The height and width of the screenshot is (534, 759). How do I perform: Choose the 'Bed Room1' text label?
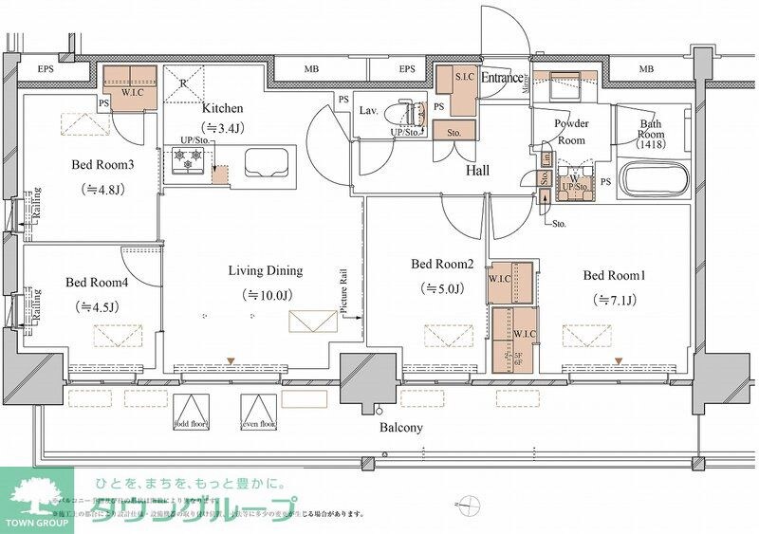coord(614,275)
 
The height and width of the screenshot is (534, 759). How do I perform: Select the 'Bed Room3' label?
coord(103,163)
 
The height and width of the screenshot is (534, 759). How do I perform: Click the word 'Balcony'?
coord(400,428)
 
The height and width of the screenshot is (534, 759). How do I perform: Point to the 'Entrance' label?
coord(502,78)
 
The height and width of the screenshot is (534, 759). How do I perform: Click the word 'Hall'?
coord(477,170)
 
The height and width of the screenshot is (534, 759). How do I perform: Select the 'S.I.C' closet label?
coord(465,76)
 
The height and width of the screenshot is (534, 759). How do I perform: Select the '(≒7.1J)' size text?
coord(613,300)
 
